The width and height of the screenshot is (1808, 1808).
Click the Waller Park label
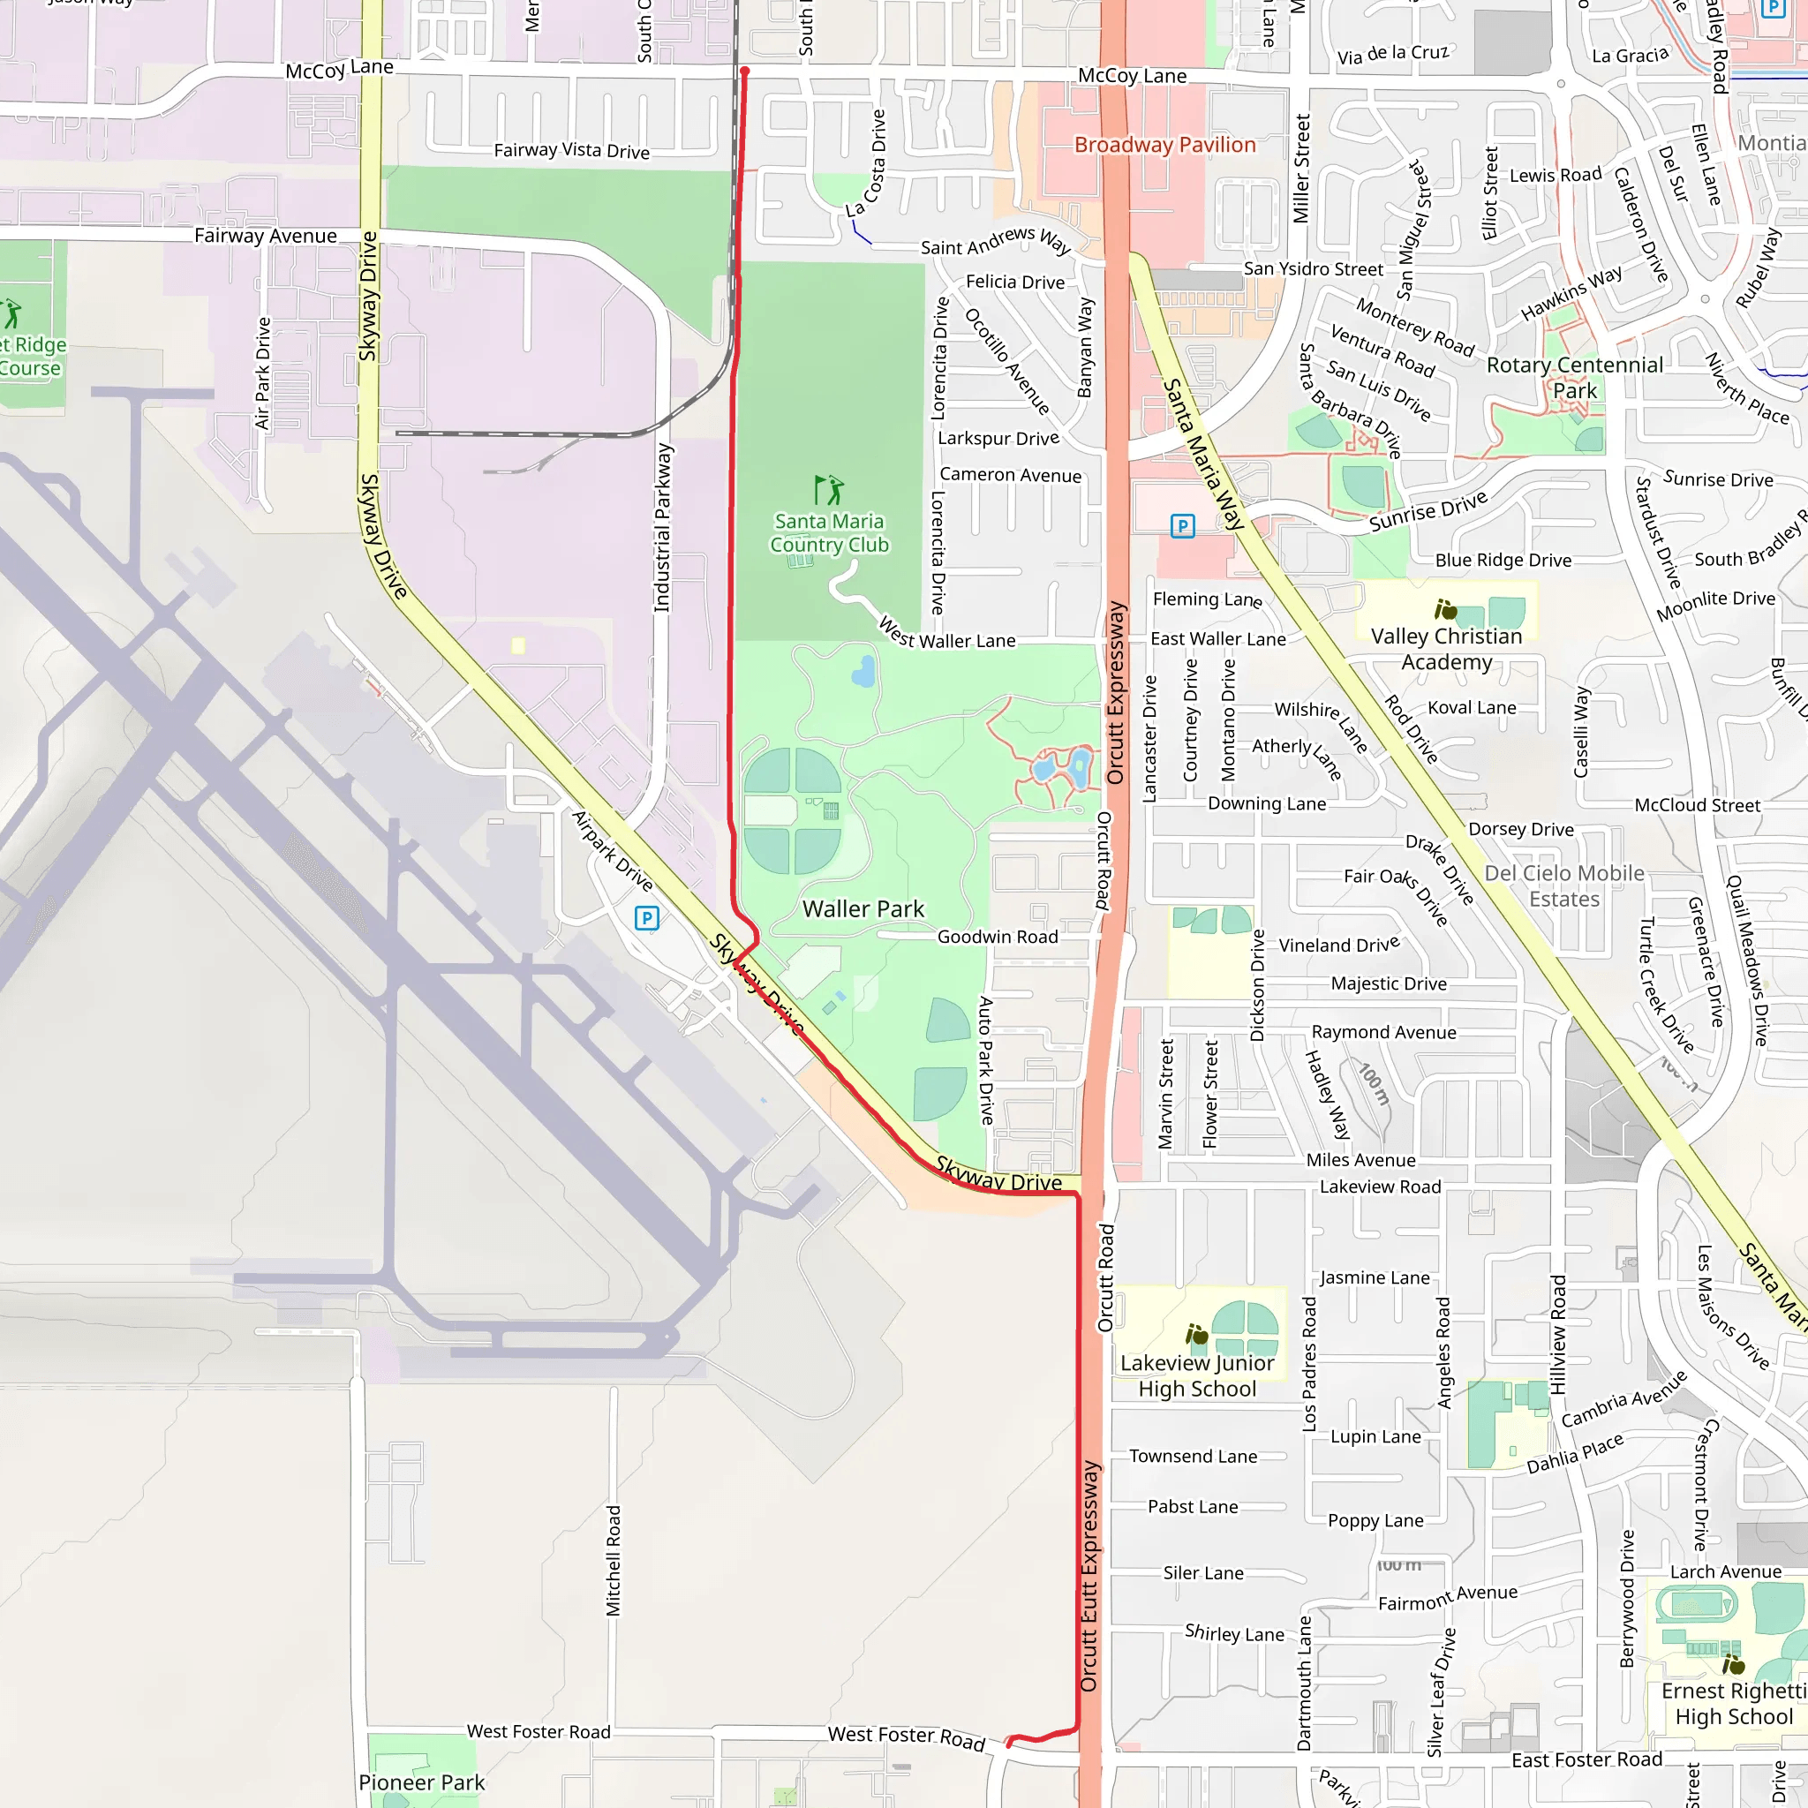[863, 908]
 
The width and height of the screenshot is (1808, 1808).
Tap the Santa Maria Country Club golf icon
[828, 489]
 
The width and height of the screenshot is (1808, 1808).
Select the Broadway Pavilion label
[1164, 145]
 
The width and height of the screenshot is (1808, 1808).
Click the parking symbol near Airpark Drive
[645, 918]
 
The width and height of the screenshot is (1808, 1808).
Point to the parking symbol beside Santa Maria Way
[1182, 526]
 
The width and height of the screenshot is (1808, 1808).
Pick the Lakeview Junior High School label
[1197, 1375]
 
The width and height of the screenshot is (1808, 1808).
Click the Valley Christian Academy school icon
[1445, 610]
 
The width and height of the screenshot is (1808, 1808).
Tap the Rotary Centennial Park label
[1575, 377]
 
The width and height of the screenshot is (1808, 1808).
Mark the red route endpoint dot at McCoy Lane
[745, 72]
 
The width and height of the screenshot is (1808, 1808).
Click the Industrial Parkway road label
[663, 528]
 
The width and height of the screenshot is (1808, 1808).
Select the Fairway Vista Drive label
[571, 151]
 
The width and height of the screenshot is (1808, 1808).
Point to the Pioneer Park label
[421, 1782]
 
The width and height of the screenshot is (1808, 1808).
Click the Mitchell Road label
[613, 1560]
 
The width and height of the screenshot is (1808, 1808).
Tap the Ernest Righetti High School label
[1733, 1703]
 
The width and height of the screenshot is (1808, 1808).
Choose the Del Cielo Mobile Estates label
[1563, 885]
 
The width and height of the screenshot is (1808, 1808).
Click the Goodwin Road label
[998, 937]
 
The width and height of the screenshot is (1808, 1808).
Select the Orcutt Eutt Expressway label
[1089, 1577]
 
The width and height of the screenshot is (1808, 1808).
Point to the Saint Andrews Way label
[995, 241]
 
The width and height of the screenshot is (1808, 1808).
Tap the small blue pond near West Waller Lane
[863, 671]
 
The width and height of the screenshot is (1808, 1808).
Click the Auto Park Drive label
[985, 1059]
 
